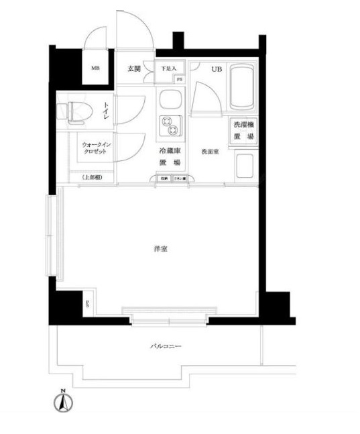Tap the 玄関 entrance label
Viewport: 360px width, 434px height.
[x=133, y=68]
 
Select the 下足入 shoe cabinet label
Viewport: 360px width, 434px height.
[x=168, y=68]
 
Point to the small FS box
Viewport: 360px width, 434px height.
[x=179, y=80]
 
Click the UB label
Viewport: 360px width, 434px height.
[x=217, y=69]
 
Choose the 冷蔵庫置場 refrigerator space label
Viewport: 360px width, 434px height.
[x=170, y=156]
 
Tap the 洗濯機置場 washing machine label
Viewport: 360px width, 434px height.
[x=243, y=131]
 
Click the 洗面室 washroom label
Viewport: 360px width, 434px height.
[x=210, y=152]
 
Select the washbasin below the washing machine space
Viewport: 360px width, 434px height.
[x=244, y=165]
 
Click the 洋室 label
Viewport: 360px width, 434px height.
[x=160, y=249]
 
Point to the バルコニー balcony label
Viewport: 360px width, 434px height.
[x=165, y=347]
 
